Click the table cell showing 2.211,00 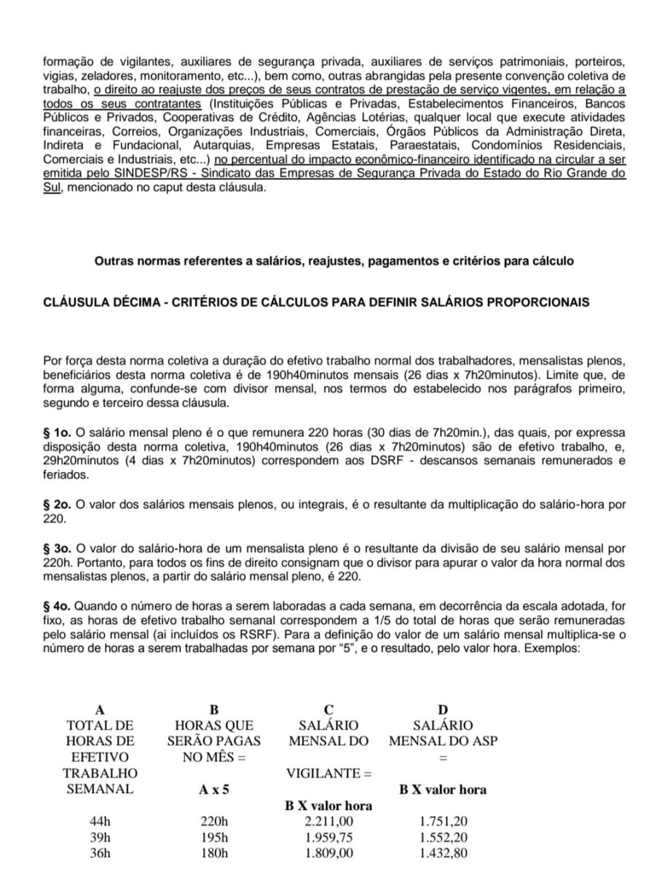328,822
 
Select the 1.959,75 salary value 328,838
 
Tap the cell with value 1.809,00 328,853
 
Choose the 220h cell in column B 214,822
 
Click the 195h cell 214,838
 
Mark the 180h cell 214,853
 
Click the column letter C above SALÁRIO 329,709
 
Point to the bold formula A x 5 214,790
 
